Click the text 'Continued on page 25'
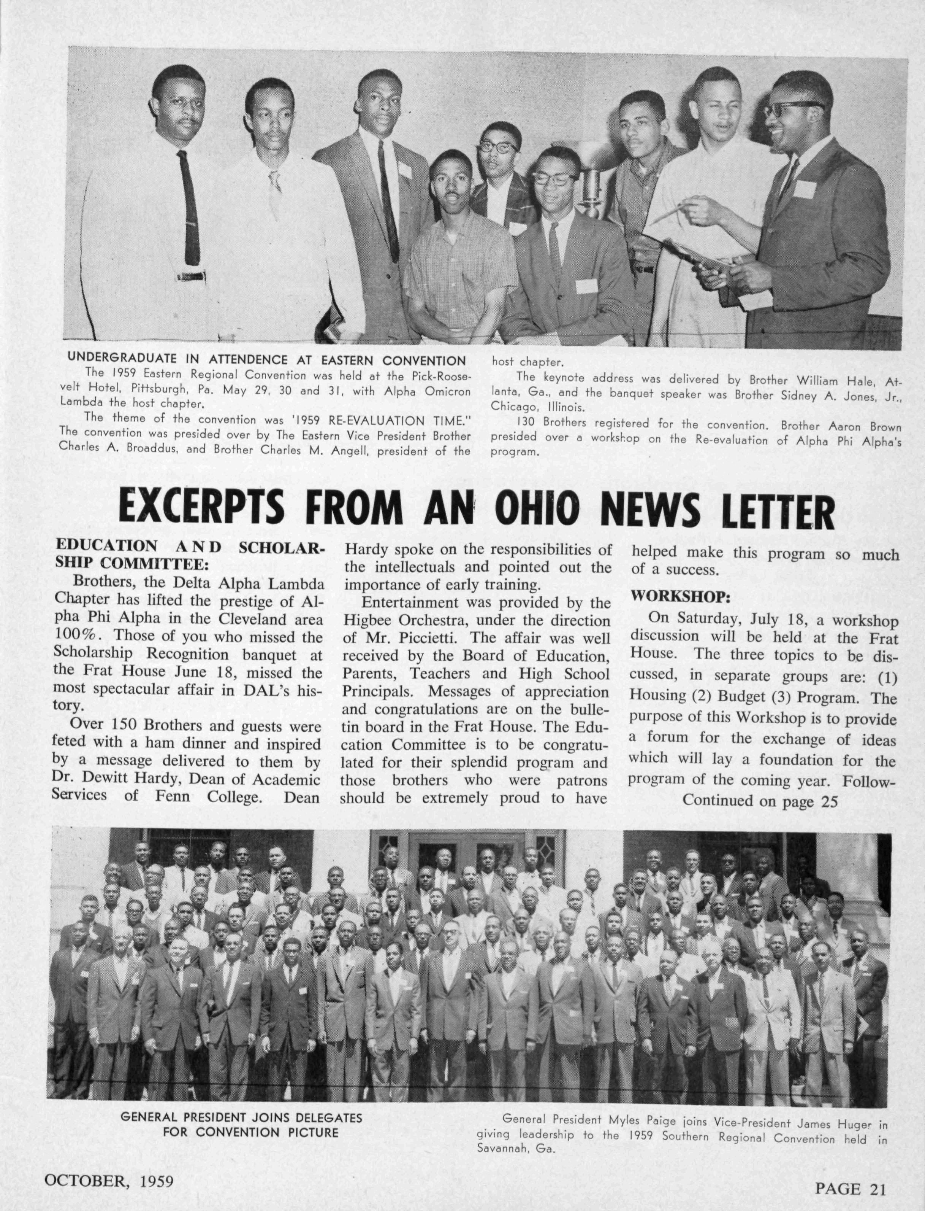[x=760, y=801]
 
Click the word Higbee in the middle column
[x=366, y=620]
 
